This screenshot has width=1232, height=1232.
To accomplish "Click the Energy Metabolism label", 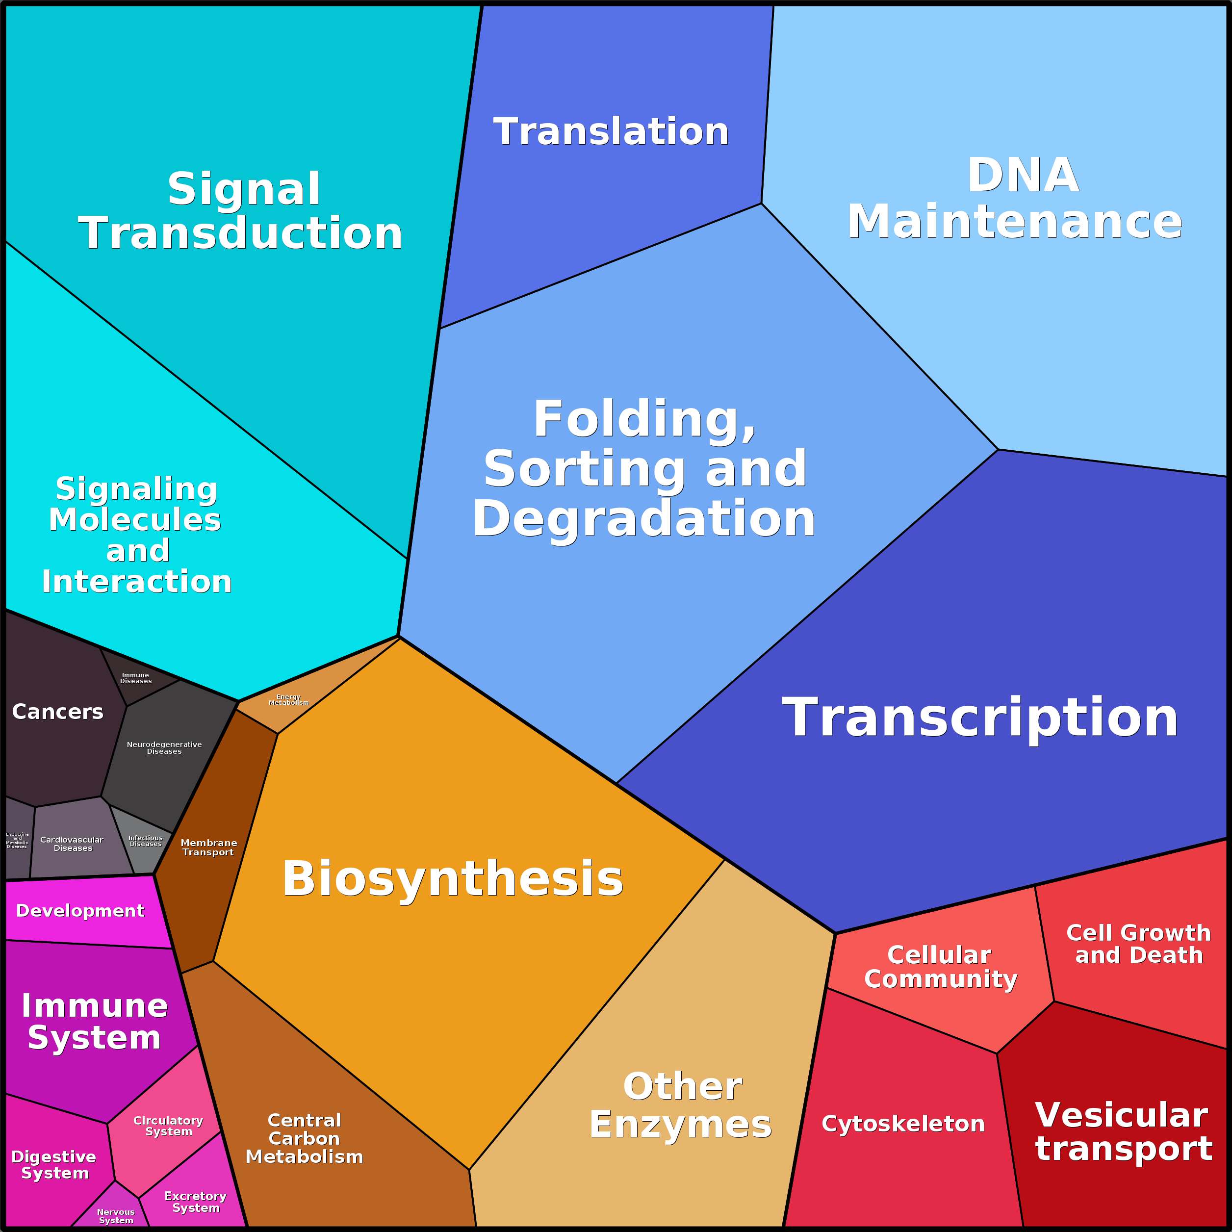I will (x=288, y=699).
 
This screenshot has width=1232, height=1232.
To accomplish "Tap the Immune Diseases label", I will (x=136, y=678).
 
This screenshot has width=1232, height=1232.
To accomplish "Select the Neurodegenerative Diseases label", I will (x=164, y=747).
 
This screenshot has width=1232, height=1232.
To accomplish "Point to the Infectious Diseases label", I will (x=145, y=841).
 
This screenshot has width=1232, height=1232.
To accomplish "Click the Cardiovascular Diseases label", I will (x=72, y=844).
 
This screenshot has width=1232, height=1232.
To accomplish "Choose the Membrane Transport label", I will (x=208, y=847).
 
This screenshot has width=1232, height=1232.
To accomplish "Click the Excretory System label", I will (x=195, y=1202).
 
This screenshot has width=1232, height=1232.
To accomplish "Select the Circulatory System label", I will (x=168, y=1126).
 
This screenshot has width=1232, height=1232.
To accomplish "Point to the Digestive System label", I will (x=54, y=1164).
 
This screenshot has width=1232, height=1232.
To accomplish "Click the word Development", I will (x=80, y=911).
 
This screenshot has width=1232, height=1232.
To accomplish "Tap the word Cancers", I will (x=57, y=712).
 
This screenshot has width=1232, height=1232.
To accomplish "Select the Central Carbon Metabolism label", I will (x=304, y=1138).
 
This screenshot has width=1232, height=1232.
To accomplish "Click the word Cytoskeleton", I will (x=903, y=1124).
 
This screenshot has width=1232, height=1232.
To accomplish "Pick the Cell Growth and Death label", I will (x=1138, y=944).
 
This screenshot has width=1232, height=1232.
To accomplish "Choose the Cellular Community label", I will (x=940, y=967).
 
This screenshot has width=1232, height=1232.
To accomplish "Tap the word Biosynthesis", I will (x=453, y=878).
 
